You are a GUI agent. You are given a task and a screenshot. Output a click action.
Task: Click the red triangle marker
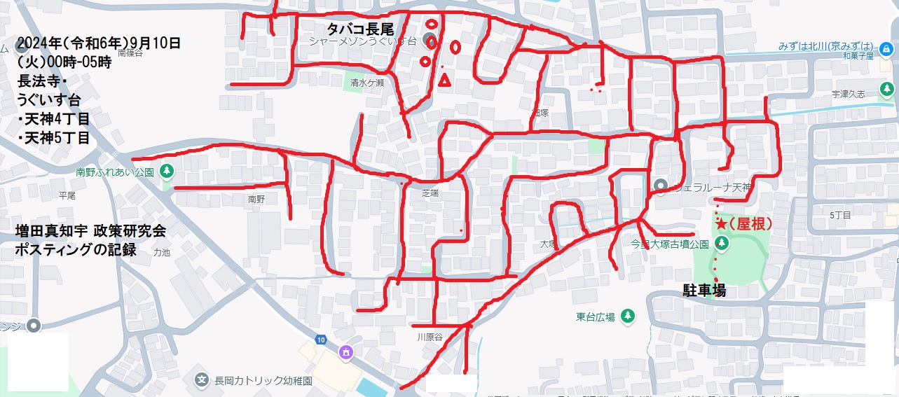[x=444, y=81]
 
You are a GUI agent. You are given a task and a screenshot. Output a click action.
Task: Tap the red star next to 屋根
[x=721, y=224]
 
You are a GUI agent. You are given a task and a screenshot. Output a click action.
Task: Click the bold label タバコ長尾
[x=360, y=29]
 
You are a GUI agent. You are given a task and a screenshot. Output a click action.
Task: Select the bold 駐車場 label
[x=704, y=291]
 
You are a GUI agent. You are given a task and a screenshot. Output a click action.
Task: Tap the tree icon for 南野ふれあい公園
[x=167, y=170]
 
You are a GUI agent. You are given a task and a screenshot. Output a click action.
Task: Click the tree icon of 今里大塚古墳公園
[x=722, y=243]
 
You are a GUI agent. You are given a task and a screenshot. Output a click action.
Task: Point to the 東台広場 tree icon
[x=627, y=316]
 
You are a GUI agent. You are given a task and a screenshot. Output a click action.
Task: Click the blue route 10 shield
[x=321, y=340]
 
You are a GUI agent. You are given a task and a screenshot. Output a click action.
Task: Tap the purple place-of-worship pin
[x=345, y=353]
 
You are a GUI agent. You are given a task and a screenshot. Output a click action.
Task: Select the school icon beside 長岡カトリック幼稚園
[x=202, y=380]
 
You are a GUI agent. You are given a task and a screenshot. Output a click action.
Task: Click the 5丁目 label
[x=839, y=215]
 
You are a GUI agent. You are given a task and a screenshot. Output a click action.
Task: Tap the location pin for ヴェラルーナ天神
[x=659, y=186]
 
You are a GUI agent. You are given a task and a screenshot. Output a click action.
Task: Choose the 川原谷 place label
[x=430, y=337]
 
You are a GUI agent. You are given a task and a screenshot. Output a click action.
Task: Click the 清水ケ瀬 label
[x=367, y=83]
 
